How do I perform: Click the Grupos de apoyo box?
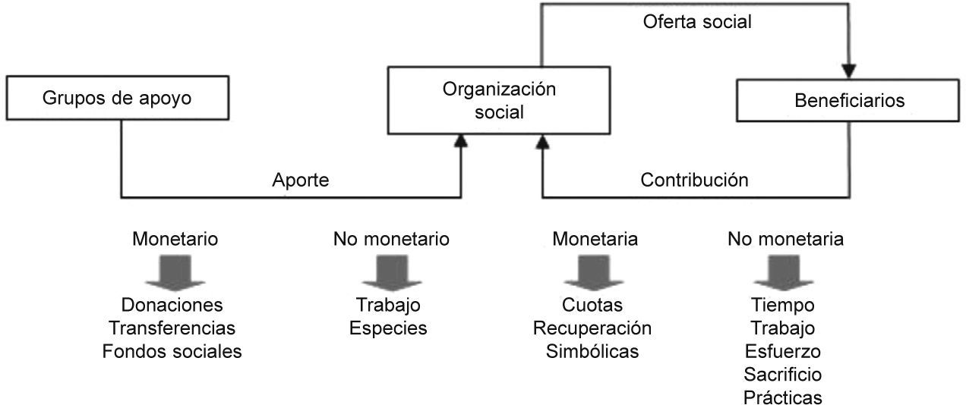pos(118,99)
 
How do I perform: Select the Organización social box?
pos(499,101)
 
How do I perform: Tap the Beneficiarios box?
pos(849,100)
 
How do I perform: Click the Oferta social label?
pos(696,22)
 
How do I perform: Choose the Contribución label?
pos(694,181)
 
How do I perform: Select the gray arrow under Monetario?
pos(175,272)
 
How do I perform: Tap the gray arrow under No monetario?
pos(391,272)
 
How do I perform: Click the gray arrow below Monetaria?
pos(594,272)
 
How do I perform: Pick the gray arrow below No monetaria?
pos(784,272)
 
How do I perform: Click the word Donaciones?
pos(172,305)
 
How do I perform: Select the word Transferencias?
pos(172,328)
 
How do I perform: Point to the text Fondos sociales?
pos(172,352)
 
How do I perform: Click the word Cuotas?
pos(592,305)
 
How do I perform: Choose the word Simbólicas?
pos(592,352)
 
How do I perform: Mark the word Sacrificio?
pos(783,375)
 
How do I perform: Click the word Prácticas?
pos(783,397)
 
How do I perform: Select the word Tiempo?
pos(783,305)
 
